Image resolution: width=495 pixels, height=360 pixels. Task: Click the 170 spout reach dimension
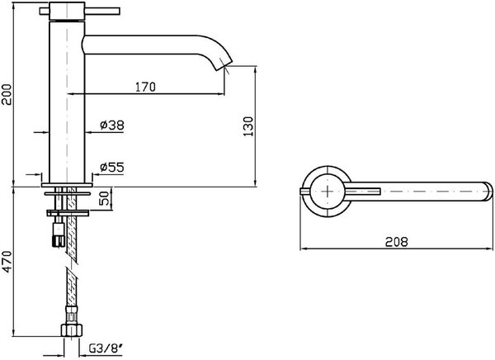click(145, 87)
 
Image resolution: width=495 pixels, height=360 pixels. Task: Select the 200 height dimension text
click(7, 94)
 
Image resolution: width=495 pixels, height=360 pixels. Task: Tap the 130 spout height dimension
click(248, 126)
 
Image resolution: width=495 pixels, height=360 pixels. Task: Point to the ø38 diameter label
click(112, 126)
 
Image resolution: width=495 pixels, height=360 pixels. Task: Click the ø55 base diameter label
click(112, 167)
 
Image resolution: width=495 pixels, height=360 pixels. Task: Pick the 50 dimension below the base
click(105, 198)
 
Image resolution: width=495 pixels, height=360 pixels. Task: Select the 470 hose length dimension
click(7, 261)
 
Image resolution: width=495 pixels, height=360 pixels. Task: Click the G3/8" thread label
click(106, 348)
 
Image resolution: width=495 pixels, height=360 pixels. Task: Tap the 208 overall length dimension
click(397, 242)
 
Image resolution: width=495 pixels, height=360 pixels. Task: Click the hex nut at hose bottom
click(71, 330)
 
